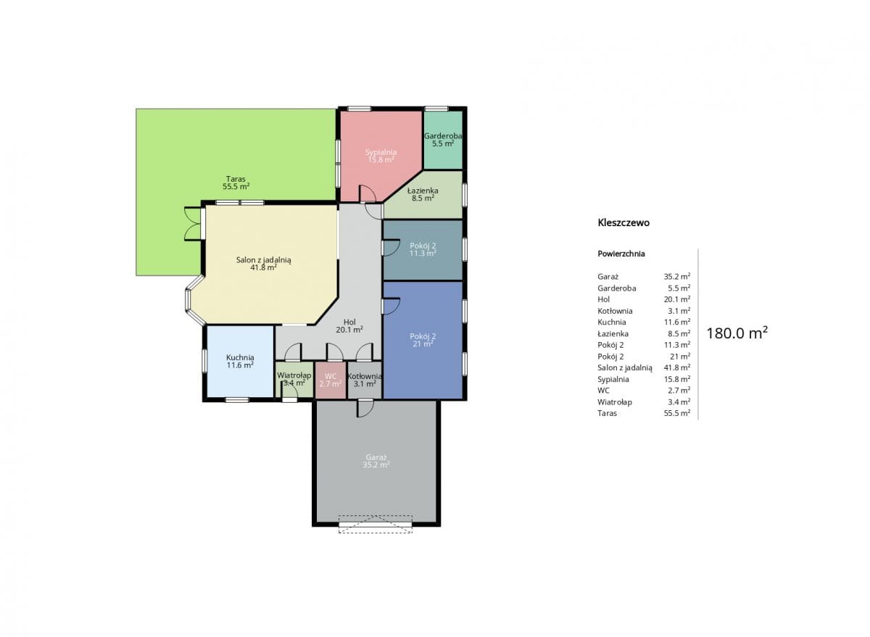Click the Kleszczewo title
(x=623, y=222)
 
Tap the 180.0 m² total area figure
(x=737, y=333)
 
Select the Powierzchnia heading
(x=621, y=254)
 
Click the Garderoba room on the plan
(x=443, y=140)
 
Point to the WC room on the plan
(x=331, y=380)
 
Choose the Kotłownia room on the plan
(x=365, y=380)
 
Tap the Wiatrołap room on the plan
(x=294, y=380)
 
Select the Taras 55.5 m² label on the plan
(x=236, y=183)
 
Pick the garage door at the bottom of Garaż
(x=376, y=524)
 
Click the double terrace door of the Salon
(x=193, y=224)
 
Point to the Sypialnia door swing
(x=368, y=193)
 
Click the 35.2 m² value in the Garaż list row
(x=677, y=276)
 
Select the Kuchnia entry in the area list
(x=612, y=322)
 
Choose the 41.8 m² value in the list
(x=677, y=367)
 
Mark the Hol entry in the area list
(x=603, y=299)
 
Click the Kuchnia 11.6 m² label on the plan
(x=240, y=361)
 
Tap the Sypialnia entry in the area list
(x=613, y=379)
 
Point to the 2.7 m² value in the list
(x=679, y=390)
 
